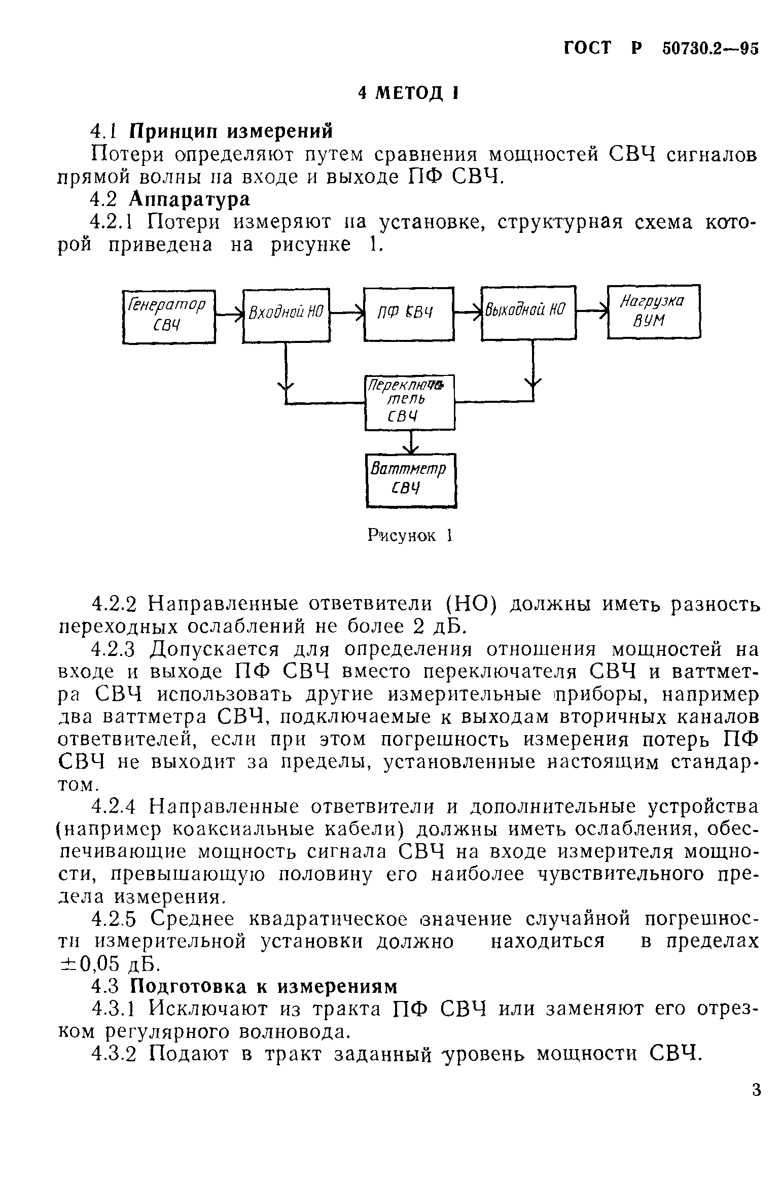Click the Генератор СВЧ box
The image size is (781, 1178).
tap(169, 316)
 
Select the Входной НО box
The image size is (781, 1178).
tap(286, 315)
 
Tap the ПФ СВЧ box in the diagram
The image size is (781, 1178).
tap(408, 314)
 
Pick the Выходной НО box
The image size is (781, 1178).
tap(528, 313)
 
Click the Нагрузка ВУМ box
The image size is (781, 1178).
tap(654, 311)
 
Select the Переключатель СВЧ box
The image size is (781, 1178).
tap(410, 402)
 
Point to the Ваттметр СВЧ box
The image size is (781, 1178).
tap(411, 480)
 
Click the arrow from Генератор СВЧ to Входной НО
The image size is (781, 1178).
tap(229, 315)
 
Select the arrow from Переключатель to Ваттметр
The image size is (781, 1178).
tap(411, 442)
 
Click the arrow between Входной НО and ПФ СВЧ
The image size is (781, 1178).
tap(347, 314)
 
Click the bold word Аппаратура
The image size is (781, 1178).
tap(190, 199)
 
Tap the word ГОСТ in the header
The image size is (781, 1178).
tap(588, 48)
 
